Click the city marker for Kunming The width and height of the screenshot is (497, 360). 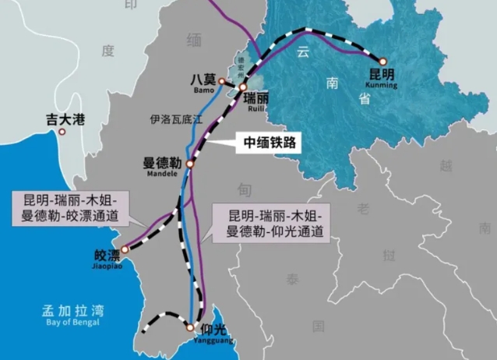(382, 61)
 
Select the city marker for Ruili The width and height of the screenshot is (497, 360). (243, 88)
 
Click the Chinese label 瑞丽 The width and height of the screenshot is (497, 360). (258, 100)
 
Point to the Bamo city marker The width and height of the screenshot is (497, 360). (221, 81)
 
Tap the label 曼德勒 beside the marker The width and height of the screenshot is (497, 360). (162, 163)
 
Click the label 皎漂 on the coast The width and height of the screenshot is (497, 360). (108, 255)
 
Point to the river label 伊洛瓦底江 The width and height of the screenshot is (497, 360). (175, 120)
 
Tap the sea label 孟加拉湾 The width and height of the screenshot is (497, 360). (72, 309)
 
